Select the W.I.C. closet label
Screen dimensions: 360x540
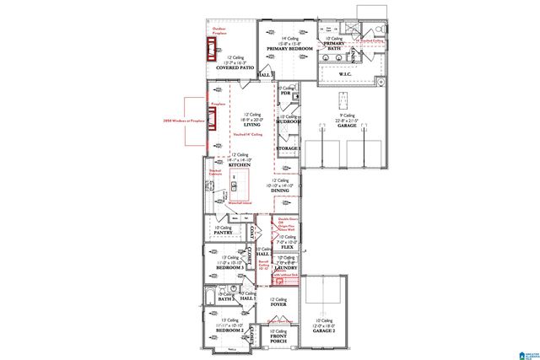344,73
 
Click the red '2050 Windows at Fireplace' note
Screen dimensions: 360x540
184,121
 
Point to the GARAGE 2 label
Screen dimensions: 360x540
322,331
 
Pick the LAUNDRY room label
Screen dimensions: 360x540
288,267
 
